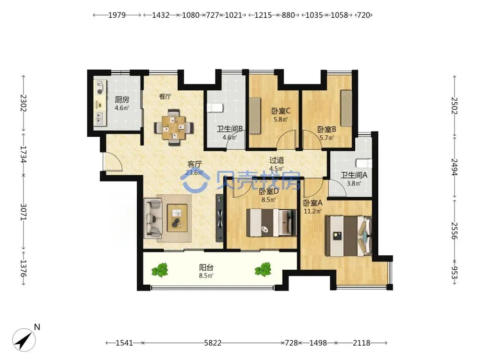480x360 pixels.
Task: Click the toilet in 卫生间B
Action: [x=215, y=108]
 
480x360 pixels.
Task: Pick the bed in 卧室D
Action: [x=272, y=223]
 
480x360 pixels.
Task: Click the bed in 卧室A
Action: [x=348, y=236]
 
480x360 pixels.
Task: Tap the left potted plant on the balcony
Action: [x=160, y=270]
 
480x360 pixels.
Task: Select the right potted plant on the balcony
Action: [x=263, y=269]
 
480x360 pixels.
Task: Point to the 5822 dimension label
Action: [x=213, y=343]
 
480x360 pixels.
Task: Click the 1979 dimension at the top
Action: [x=117, y=15]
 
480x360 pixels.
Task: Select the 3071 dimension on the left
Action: [x=24, y=212]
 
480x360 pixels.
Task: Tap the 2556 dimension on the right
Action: [x=454, y=231]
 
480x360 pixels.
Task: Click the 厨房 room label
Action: [x=122, y=99]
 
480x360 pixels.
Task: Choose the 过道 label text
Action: [x=277, y=160]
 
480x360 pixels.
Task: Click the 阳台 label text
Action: [x=206, y=267]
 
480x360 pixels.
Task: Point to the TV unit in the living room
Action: [x=219, y=218]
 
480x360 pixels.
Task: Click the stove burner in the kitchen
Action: [x=100, y=87]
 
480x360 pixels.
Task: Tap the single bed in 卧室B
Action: [x=346, y=108]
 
